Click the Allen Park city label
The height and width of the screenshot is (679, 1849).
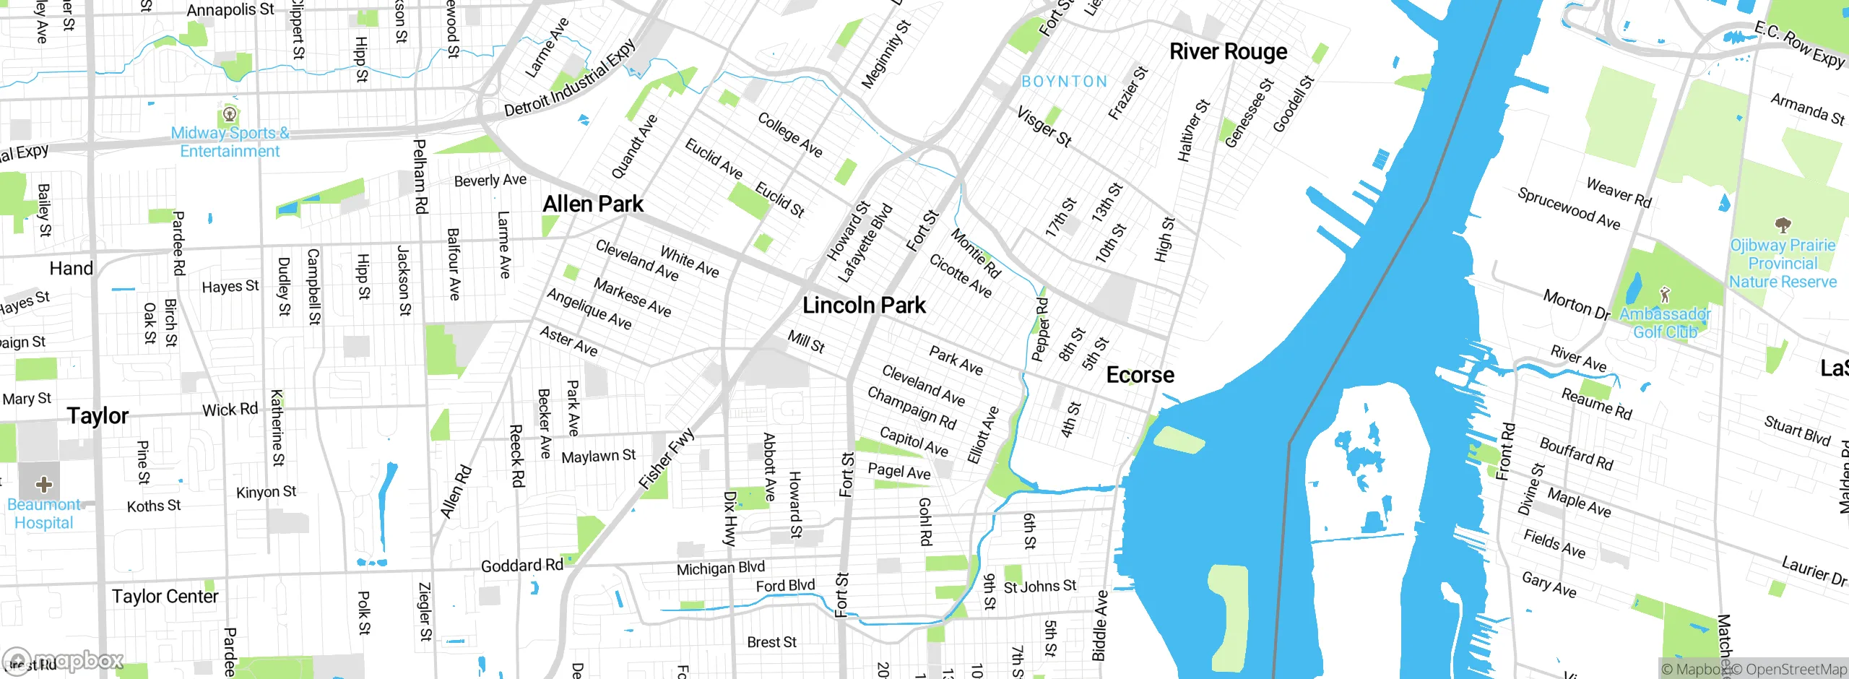pyautogui.click(x=593, y=204)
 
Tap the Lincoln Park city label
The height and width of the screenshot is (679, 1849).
pyautogui.click(x=864, y=306)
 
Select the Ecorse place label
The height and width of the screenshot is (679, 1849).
pyautogui.click(x=1140, y=376)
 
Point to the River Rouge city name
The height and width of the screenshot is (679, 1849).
pyautogui.click(x=1228, y=52)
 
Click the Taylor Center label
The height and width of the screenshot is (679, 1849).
pyautogui.click(x=165, y=597)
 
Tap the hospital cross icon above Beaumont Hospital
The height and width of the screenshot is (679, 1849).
pyautogui.click(x=43, y=484)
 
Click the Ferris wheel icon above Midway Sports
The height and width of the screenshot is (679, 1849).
pyautogui.click(x=230, y=114)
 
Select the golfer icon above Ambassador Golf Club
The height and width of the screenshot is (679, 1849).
pyautogui.click(x=1665, y=295)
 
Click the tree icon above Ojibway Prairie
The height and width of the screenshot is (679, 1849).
pyautogui.click(x=1783, y=225)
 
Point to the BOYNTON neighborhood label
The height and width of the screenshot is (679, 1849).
pyautogui.click(x=1064, y=82)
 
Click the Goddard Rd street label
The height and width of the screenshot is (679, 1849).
pyautogui.click(x=521, y=566)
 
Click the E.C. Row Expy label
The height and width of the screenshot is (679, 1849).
pyautogui.click(x=1798, y=45)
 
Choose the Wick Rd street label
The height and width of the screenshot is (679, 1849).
pyautogui.click(x=230, y=410)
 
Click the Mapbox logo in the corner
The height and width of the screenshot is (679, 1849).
pyautogui.click(x=64, y=661)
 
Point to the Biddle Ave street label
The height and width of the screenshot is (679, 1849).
pyautogui.click(x=1099, y=626)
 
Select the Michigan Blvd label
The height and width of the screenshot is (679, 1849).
pyautogui.click(x=720, y=568)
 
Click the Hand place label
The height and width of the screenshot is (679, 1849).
pyautogui.click(x=71, y=269)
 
